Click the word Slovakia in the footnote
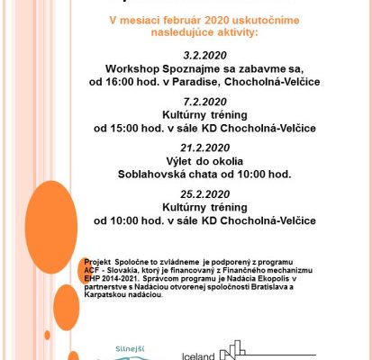click(120, 266)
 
